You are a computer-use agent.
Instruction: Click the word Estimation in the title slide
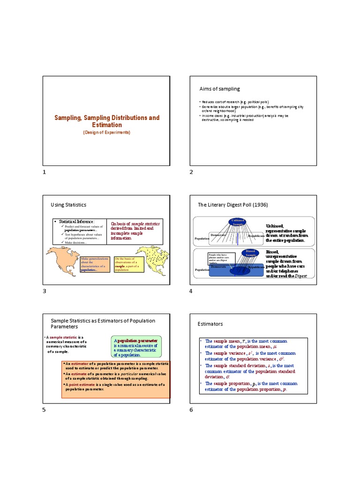point(107,125)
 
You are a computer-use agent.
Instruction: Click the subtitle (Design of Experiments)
point(107,133)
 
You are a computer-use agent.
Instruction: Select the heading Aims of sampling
point(219,89)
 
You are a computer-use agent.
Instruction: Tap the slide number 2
point(191,172)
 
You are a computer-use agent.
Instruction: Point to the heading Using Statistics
point(68,205)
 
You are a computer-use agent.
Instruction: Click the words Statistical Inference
point(75,221)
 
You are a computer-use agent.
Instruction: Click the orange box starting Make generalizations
point(95,264)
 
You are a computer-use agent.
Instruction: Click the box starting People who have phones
point(220,258)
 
